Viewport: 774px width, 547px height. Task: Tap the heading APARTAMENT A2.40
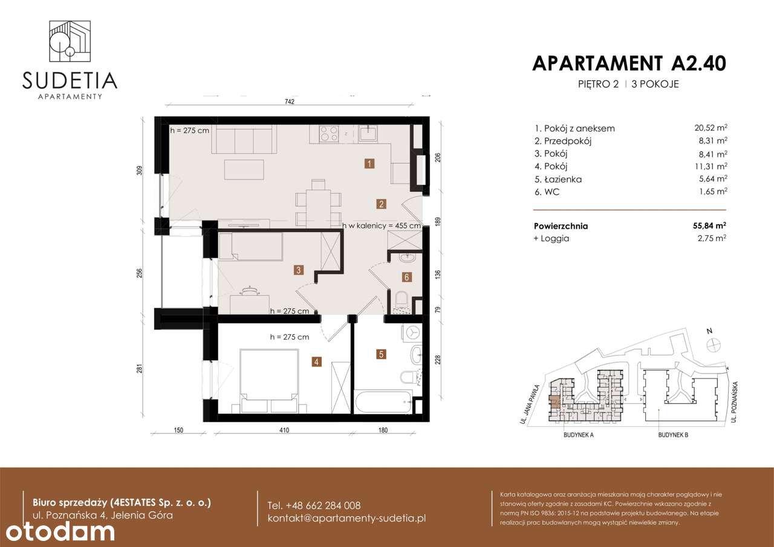(629, 63)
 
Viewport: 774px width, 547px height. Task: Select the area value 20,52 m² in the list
(711, 128)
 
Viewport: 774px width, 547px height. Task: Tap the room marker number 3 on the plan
(299, 270)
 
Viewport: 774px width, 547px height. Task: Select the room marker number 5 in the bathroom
(381, 354)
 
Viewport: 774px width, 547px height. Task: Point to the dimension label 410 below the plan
(284, 430)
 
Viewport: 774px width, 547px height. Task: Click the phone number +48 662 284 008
(314, 505)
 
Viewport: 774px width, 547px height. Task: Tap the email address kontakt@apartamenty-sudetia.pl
(347, 519)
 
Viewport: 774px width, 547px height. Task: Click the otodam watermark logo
(57, 531)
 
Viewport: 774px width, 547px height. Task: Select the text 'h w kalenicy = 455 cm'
(382, 225)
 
